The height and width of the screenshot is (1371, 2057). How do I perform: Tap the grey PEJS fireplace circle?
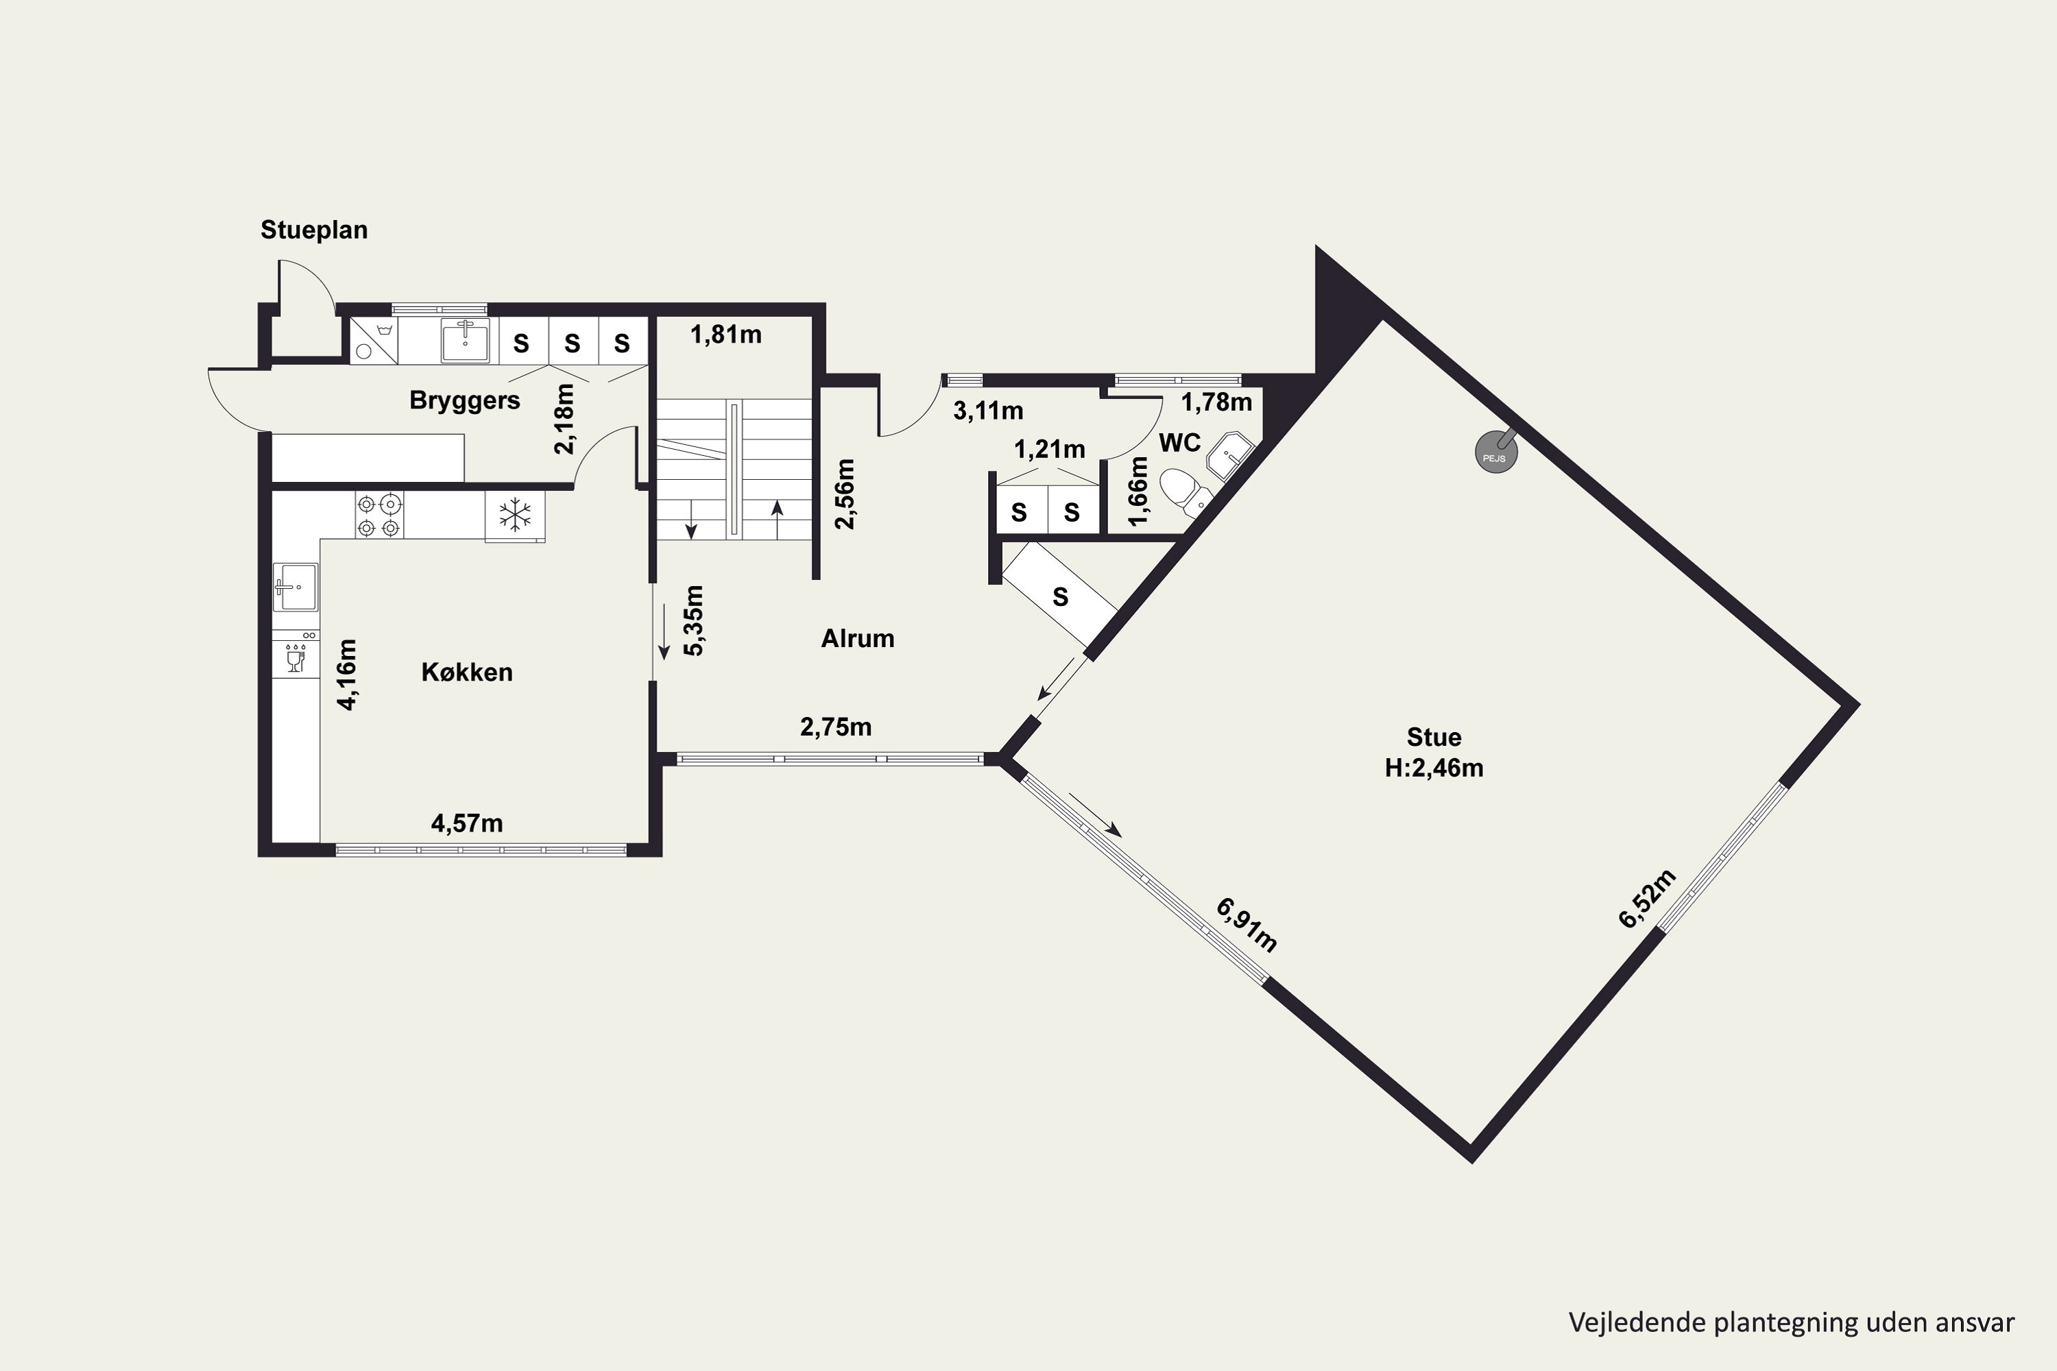click(x=1495, y=454)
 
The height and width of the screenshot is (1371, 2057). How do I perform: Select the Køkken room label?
click(x=467, y=672)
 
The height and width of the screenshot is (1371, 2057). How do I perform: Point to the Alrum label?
click(x=857, y=638)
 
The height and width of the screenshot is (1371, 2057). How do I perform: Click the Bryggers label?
click(x=464, y=400)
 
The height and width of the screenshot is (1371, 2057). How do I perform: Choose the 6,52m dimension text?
click(x=1648, y=899)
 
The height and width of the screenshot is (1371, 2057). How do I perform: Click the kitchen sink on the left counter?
click(x=296, y=586)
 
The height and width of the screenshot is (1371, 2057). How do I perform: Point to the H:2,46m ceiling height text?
click(x=1434, y=768)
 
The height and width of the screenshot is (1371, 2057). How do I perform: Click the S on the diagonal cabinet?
click(x=1060, y=597)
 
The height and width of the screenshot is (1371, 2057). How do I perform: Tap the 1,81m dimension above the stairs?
click(x=726, y=335)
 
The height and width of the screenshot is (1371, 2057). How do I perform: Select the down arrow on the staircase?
click(x=691, y=520)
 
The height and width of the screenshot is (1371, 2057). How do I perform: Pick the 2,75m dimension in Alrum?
click(x=836, y=727)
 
